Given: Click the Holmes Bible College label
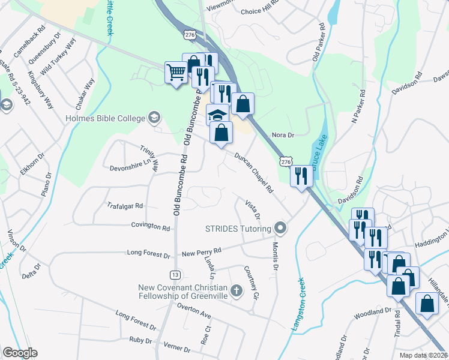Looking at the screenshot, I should tap(106, 117).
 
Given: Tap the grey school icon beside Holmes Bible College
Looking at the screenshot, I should tap(155, 117).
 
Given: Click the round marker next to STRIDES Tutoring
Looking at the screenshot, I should tap(280, 228).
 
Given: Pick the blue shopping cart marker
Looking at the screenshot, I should tap(176, 73).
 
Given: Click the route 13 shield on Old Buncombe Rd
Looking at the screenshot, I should tap(175, 274).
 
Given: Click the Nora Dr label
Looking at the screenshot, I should tap(282, 136).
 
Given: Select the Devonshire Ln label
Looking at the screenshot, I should tap(128, 168).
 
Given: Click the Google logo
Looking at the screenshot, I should tap(20, 353).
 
